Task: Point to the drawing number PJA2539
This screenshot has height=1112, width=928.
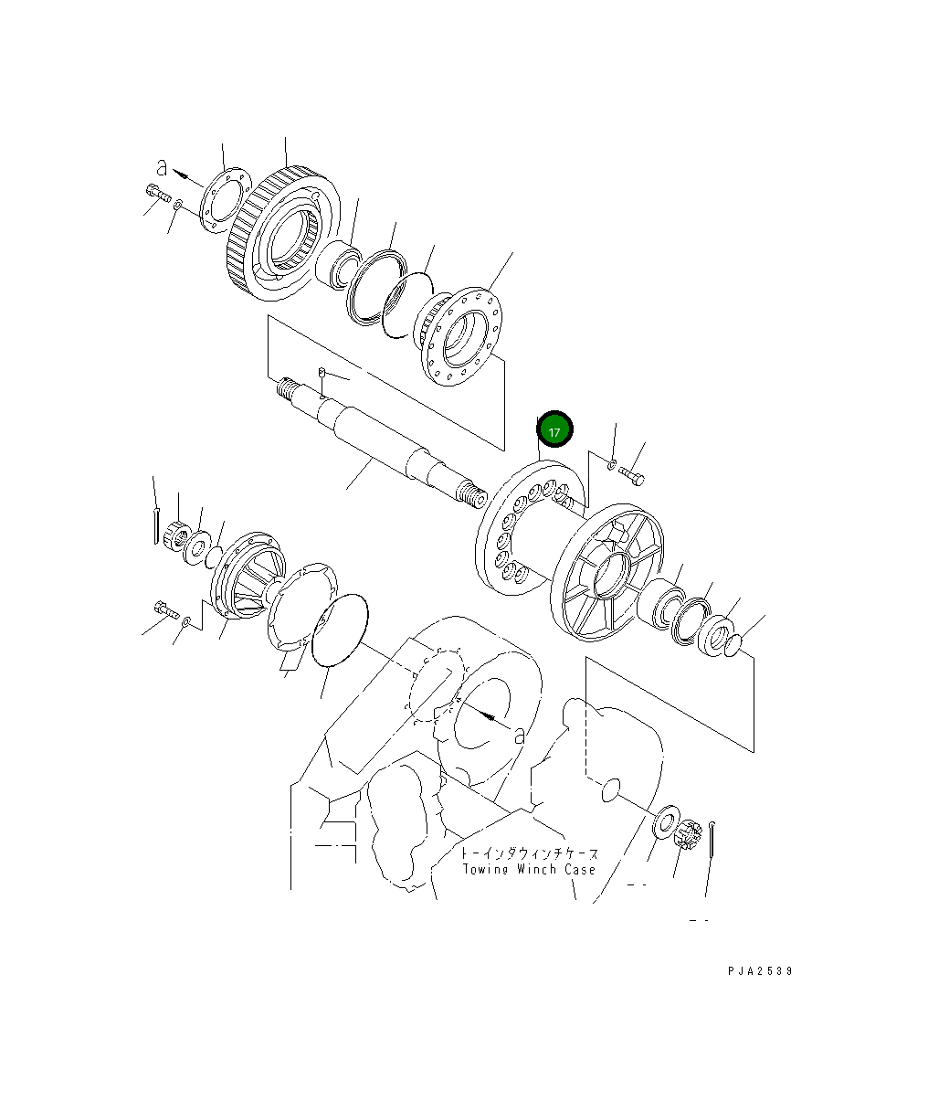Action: click(x=760, y=970)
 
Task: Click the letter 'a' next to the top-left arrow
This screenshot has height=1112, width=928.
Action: click(x=162, y=167)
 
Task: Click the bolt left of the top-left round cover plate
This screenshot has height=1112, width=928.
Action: click(x=156, y=193)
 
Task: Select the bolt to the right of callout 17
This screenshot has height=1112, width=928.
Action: click(x=632, y=476)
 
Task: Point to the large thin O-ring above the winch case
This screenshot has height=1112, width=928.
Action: click(x=340, y=630)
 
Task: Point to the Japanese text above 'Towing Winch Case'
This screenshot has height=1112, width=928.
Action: click(x=530, y=853)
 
